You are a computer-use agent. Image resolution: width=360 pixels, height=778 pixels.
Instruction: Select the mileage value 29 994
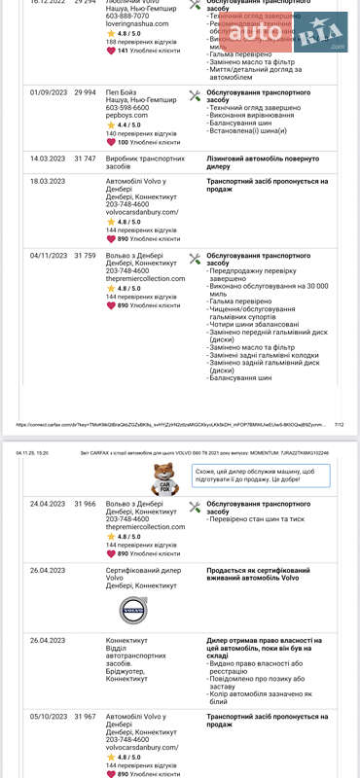pos(86,92)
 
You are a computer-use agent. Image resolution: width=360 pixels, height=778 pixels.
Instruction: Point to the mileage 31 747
pos(86,158)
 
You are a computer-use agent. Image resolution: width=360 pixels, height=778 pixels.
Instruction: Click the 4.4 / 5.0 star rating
pos(125,125)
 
